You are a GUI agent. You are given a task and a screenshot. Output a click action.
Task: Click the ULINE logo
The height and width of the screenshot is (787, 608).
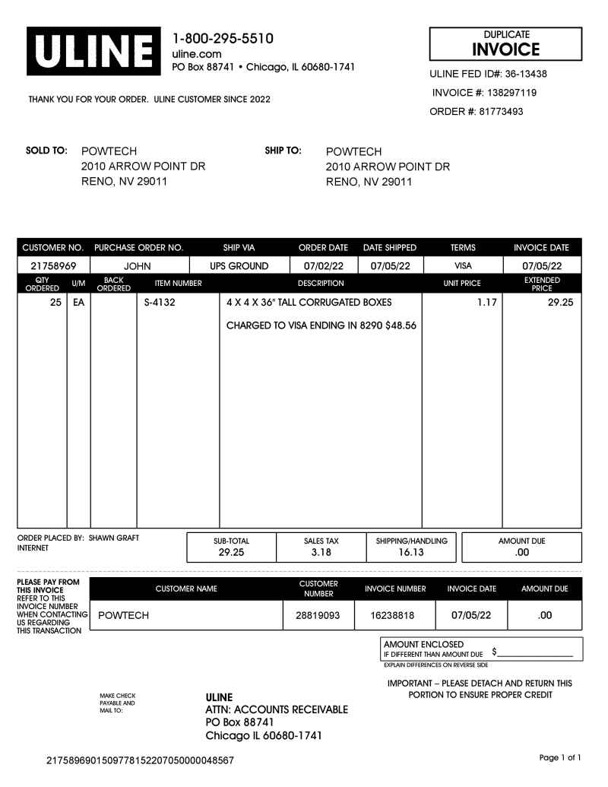(94, 52)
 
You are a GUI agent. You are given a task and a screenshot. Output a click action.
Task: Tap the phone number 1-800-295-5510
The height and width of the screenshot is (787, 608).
(223, 39)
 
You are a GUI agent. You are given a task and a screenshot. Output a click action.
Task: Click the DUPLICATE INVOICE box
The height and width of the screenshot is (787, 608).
(505, 44)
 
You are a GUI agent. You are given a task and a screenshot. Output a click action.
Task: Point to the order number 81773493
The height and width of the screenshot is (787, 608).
(501, 112)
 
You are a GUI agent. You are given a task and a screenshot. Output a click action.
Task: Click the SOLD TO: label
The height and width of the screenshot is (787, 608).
(47, 151)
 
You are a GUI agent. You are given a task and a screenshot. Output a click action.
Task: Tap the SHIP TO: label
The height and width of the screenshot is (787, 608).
(283, 151)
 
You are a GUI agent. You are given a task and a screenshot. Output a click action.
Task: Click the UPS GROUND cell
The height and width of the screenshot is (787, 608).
(239, 266)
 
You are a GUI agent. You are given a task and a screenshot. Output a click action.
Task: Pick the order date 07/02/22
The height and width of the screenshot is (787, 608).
(325, 266)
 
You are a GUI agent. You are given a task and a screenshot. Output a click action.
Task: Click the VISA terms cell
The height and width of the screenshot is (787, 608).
(463, 266)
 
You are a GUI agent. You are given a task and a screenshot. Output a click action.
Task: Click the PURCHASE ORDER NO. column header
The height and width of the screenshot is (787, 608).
(139, 248)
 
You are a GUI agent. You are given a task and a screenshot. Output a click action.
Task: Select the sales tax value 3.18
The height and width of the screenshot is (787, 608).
(321, 553)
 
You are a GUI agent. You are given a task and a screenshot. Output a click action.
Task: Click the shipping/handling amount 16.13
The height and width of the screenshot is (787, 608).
(411, 553)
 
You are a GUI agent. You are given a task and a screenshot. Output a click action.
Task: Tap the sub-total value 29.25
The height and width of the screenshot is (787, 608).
(231, 553)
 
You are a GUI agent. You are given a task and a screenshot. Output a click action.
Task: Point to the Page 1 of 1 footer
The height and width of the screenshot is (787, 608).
(560, 757)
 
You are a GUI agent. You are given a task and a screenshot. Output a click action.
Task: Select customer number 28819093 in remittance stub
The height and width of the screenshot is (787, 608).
(318, 615)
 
